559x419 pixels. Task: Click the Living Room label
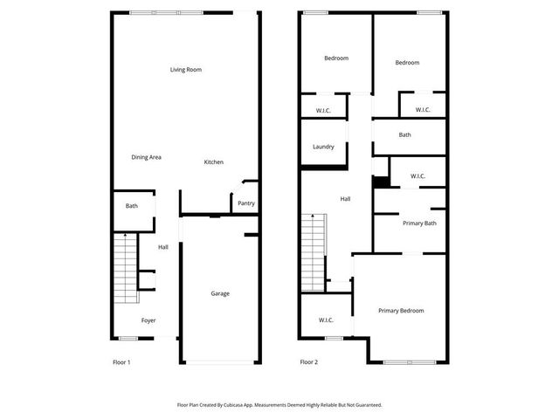pyautogui.click(x=186, y=70)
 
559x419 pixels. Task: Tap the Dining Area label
pyautogui.click(x=146, y=157)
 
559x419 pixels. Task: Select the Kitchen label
pyautogui.click(x=214, y=162)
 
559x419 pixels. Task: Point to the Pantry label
pyautogui.click(x=246, y=203)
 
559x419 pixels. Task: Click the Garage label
pyautogui.click(x=220, y=293)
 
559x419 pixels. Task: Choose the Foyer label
pyautogui.click(x=148, y=320)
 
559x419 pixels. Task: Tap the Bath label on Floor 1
pyautogui.click(x=132, y=206)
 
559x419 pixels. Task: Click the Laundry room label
pyautogui.click(x=323, y=146)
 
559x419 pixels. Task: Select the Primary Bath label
pyautogui.click(x=419, y=223)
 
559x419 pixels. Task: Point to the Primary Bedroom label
pyautogui.click(x=401, y=311)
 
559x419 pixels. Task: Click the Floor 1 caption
pyautogui.click(x=122, y=361)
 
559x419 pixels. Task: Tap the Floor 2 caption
pyautogui.click(x=308, y=361)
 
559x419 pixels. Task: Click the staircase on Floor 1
pyautogui.click(x=126, y=269)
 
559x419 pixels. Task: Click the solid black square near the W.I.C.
pyautogui.click(x=381, y=182)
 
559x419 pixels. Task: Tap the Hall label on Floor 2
pyautogui.click(x=345, y=199)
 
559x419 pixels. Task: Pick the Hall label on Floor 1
pyautogui.click(x=163, y=248)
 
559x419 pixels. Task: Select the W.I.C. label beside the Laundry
pyautogui.click(x=323, y=110)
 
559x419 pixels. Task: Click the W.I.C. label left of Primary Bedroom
pyautogui.click(x=327, y=320)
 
